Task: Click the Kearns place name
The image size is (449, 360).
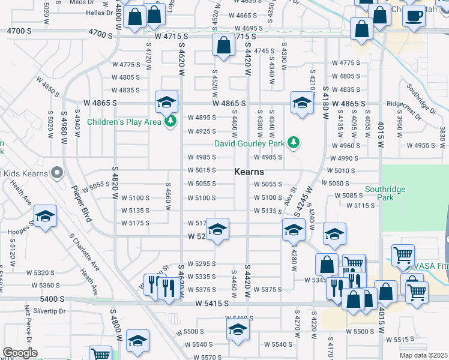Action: [x=249, y=172]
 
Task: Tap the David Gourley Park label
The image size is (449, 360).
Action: [x=250, y=143]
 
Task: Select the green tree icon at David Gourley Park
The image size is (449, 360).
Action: [x=294, y=143]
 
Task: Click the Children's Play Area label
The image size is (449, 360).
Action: [x=124, y=122]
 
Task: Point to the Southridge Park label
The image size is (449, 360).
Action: [x=385, y=193]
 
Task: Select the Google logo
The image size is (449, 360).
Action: [x=20, y=353]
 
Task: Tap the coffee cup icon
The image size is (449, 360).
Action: [x=414, y=16]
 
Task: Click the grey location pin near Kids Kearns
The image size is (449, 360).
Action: [x=56, y=173]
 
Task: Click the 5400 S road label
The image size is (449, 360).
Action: [x=53, y=298]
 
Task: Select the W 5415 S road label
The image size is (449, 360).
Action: [x=211, y=304]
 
